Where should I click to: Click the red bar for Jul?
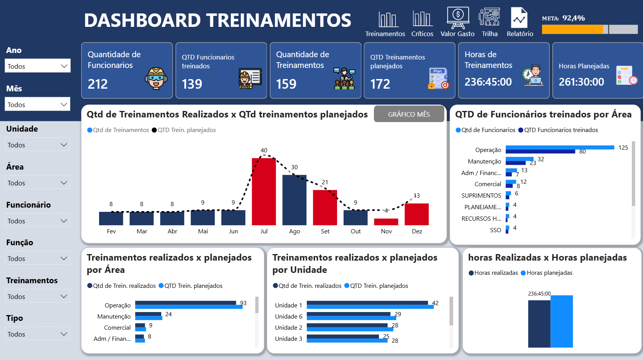[x=264, y=192]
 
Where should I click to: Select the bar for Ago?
[x=294, y=200]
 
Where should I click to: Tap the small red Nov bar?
[x=386, y=222]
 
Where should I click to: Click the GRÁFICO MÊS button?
[x=409, y=114]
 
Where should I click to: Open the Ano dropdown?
[x=38, y=66]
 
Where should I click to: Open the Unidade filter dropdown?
[x=38, y=145]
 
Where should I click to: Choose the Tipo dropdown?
[x=38, y=334]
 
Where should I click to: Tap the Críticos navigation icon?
[x=422, y=19]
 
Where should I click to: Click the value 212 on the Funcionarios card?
[x=98, y=84]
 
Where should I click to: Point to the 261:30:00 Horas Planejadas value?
[x=581, y=82]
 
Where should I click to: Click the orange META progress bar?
[x=572, y=29]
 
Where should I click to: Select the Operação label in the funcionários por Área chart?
[x=488, y=150]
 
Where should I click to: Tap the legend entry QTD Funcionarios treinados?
[x=561, y=130]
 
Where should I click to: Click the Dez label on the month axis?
[x=417, y=231]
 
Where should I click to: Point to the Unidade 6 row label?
[x=289, y=317]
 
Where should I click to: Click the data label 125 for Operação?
[x=623, y=148]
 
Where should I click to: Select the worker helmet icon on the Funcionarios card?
[x=156, y=78]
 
